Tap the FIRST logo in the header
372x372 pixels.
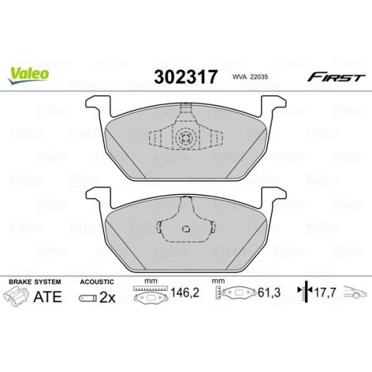click(337, 77)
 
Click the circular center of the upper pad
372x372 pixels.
click(185, 136)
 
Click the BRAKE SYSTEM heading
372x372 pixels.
click(33, 283)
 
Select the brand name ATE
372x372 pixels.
click(47, 298)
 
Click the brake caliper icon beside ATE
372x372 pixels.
click(19, 299)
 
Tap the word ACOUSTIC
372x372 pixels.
click(96, 283)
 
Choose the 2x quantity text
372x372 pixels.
click(106, 299)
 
